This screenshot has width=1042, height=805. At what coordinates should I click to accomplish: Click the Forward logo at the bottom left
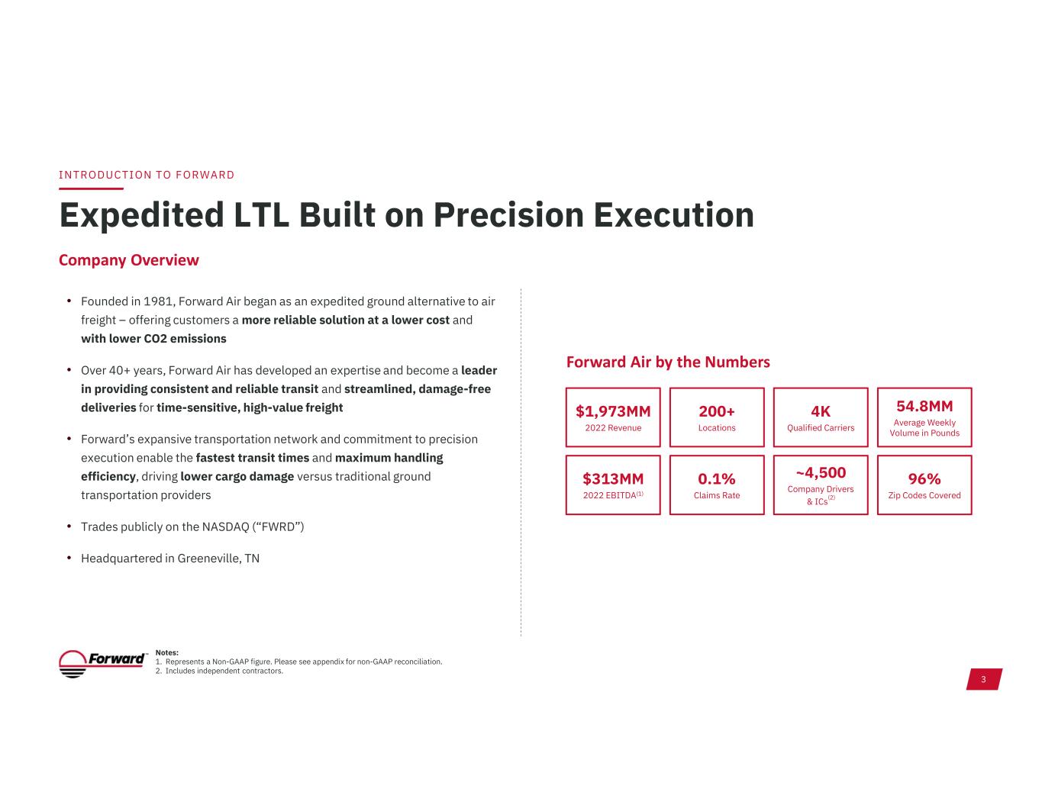tap(102, 663)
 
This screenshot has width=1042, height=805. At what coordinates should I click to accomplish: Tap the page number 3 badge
tap(983, 679)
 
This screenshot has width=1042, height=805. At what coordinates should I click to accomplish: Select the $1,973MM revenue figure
tap(613, 411)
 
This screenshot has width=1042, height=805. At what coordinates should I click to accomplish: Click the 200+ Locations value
tap(716, 411)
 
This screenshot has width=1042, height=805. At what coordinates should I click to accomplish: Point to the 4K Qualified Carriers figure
tap(821, 411)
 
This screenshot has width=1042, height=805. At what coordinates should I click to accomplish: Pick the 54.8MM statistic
tap(924, 407)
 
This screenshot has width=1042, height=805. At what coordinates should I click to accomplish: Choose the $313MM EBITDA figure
tap(613, 478)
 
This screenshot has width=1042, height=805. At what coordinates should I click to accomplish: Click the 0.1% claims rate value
tap(716, 478)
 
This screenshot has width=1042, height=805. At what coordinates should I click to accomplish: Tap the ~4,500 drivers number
tap(821, 473)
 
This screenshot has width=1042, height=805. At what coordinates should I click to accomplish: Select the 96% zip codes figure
tap(924, 478)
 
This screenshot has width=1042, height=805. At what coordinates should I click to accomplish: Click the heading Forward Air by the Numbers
tap(668, 362)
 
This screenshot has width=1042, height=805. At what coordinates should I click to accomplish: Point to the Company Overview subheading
tap(128, 260)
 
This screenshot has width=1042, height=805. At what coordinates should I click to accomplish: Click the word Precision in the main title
tap(508, 215)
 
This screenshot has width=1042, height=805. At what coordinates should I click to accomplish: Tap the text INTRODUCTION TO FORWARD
tap(147, 175)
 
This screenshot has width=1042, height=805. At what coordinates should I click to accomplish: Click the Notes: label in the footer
tap(167, 652)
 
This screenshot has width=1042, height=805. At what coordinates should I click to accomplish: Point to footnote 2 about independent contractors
tap(219, 671)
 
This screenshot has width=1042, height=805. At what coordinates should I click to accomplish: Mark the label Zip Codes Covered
tap(924, 495)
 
